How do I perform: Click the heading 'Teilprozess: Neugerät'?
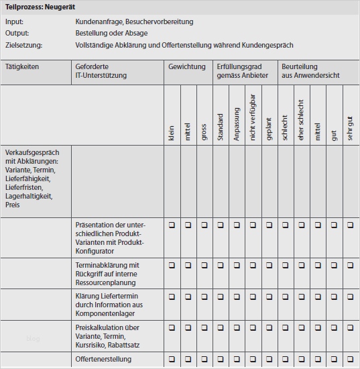(40, 7)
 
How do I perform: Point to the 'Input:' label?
(14, 21)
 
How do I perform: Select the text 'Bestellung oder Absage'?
(112, 33)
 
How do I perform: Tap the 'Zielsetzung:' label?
(23, 45)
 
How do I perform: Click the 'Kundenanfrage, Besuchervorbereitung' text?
(134, 21)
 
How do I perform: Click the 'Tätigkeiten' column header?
(22, 67)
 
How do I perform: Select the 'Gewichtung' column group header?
(187, 67)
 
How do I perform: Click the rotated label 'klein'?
(172, 134)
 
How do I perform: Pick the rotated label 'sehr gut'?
(350, 127)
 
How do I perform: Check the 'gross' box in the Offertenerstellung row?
(204, 360)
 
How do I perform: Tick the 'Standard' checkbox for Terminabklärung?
(221, 266)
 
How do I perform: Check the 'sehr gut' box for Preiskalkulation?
(351, 327)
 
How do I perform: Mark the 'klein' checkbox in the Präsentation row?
(172, 225)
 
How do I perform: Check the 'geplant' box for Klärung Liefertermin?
(269, 297)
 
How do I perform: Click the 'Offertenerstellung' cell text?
(104, 360)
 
